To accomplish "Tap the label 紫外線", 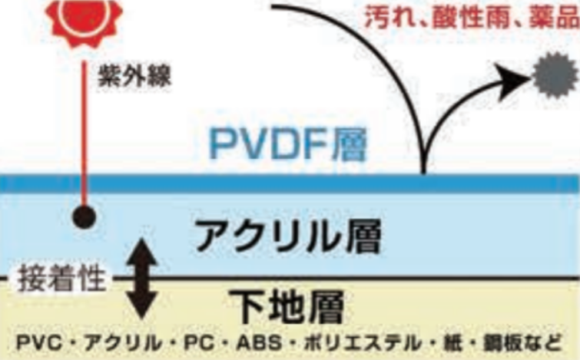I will (132, 77).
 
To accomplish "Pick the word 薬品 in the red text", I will (546, 16).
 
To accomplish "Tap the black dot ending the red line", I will (85, 217).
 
